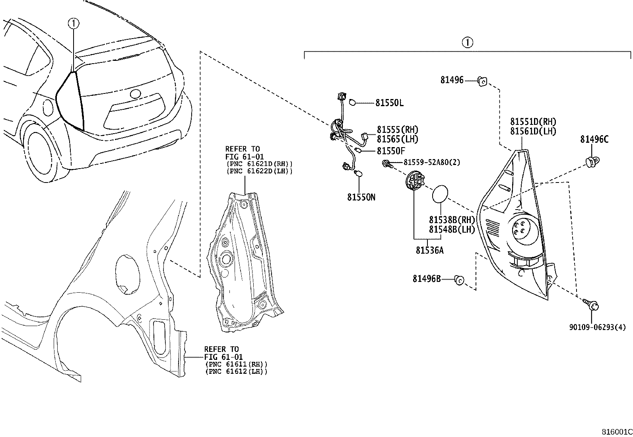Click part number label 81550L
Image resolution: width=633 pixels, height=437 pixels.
(x=389, y=103)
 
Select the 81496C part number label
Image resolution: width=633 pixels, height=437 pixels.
(x=594, y=139)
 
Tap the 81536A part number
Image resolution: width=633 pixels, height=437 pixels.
(x=429, y=251)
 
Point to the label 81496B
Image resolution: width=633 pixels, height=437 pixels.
(x=427, y=279)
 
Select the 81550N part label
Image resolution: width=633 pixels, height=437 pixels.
(x=361, y=197)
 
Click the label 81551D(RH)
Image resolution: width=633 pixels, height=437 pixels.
(x=533, y=122)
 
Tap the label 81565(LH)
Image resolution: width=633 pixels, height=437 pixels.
(x=398, y=139)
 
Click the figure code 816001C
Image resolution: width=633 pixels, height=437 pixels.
(x=616, y=432)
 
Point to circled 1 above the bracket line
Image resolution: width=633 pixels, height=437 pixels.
(x=467, y=42)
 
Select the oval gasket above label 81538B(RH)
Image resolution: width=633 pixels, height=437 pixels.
(x=440, y=194)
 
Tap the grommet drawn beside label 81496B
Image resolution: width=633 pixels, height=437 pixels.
(x=459, y=280)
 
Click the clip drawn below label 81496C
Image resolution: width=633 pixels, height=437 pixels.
(x=593, y=161)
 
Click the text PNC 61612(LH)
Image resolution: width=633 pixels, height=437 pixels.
(x=236, y=371)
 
